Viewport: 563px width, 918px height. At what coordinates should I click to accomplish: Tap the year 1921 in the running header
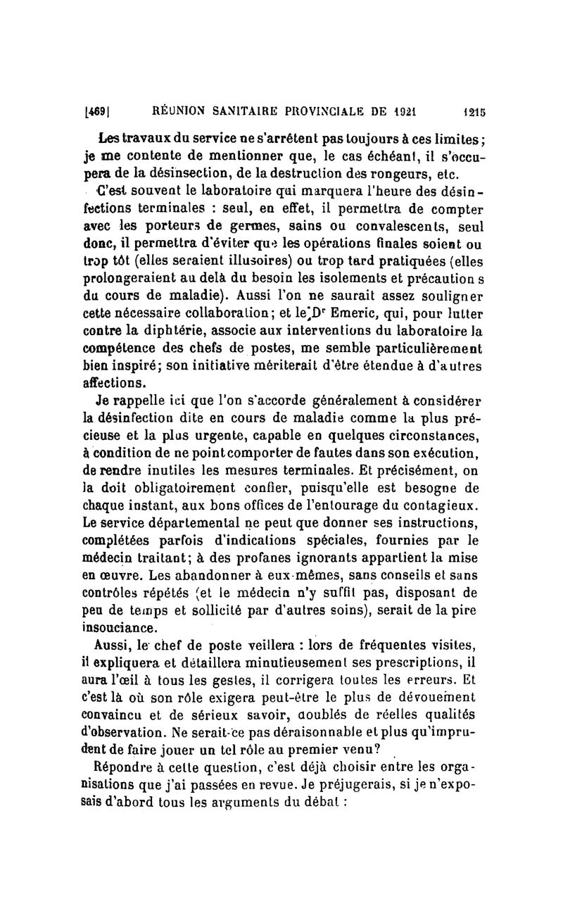[x=403, y=111]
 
